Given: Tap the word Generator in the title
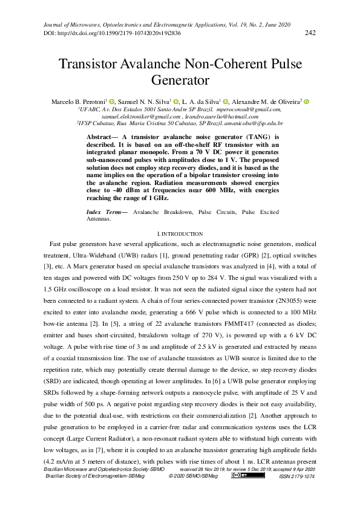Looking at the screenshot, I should pos(180,80).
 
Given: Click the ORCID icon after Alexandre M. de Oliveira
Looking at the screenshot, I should pos(307,102).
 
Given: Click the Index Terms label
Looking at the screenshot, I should pos(104,212).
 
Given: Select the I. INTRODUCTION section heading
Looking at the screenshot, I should pos(180,233).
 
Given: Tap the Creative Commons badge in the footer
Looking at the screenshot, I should pos(241,475).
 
